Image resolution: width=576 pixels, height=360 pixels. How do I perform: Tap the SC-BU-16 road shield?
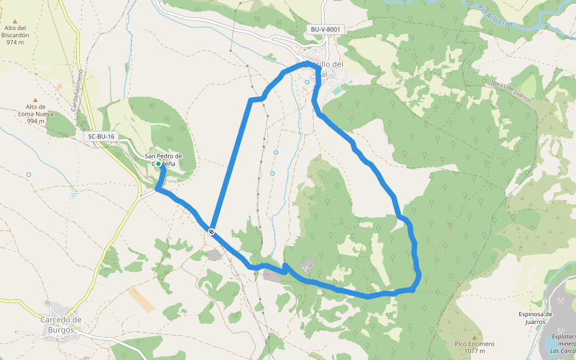click(101, 137)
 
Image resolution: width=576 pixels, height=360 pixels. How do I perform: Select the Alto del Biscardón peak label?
click(16, 31)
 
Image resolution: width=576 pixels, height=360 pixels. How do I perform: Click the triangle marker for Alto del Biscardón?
click(15, 22)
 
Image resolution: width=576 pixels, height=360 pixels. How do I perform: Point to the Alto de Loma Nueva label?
click(35, 110)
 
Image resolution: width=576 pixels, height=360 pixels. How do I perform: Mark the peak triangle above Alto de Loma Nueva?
click(35, 100)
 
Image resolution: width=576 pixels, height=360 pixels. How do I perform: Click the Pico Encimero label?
click(474, 344)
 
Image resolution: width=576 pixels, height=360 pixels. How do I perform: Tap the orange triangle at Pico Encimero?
click(474, 337)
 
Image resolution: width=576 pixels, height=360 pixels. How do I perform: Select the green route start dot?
click(158, 163)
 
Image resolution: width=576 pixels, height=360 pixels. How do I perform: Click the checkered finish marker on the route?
click(212, 231)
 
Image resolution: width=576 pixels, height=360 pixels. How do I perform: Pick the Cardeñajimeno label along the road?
click(77, 90)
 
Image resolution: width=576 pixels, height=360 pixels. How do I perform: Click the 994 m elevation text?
click(35, 121)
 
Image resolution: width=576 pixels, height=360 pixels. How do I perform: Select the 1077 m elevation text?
click(474, 351)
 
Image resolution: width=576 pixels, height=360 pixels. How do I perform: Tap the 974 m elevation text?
click(16, 42)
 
